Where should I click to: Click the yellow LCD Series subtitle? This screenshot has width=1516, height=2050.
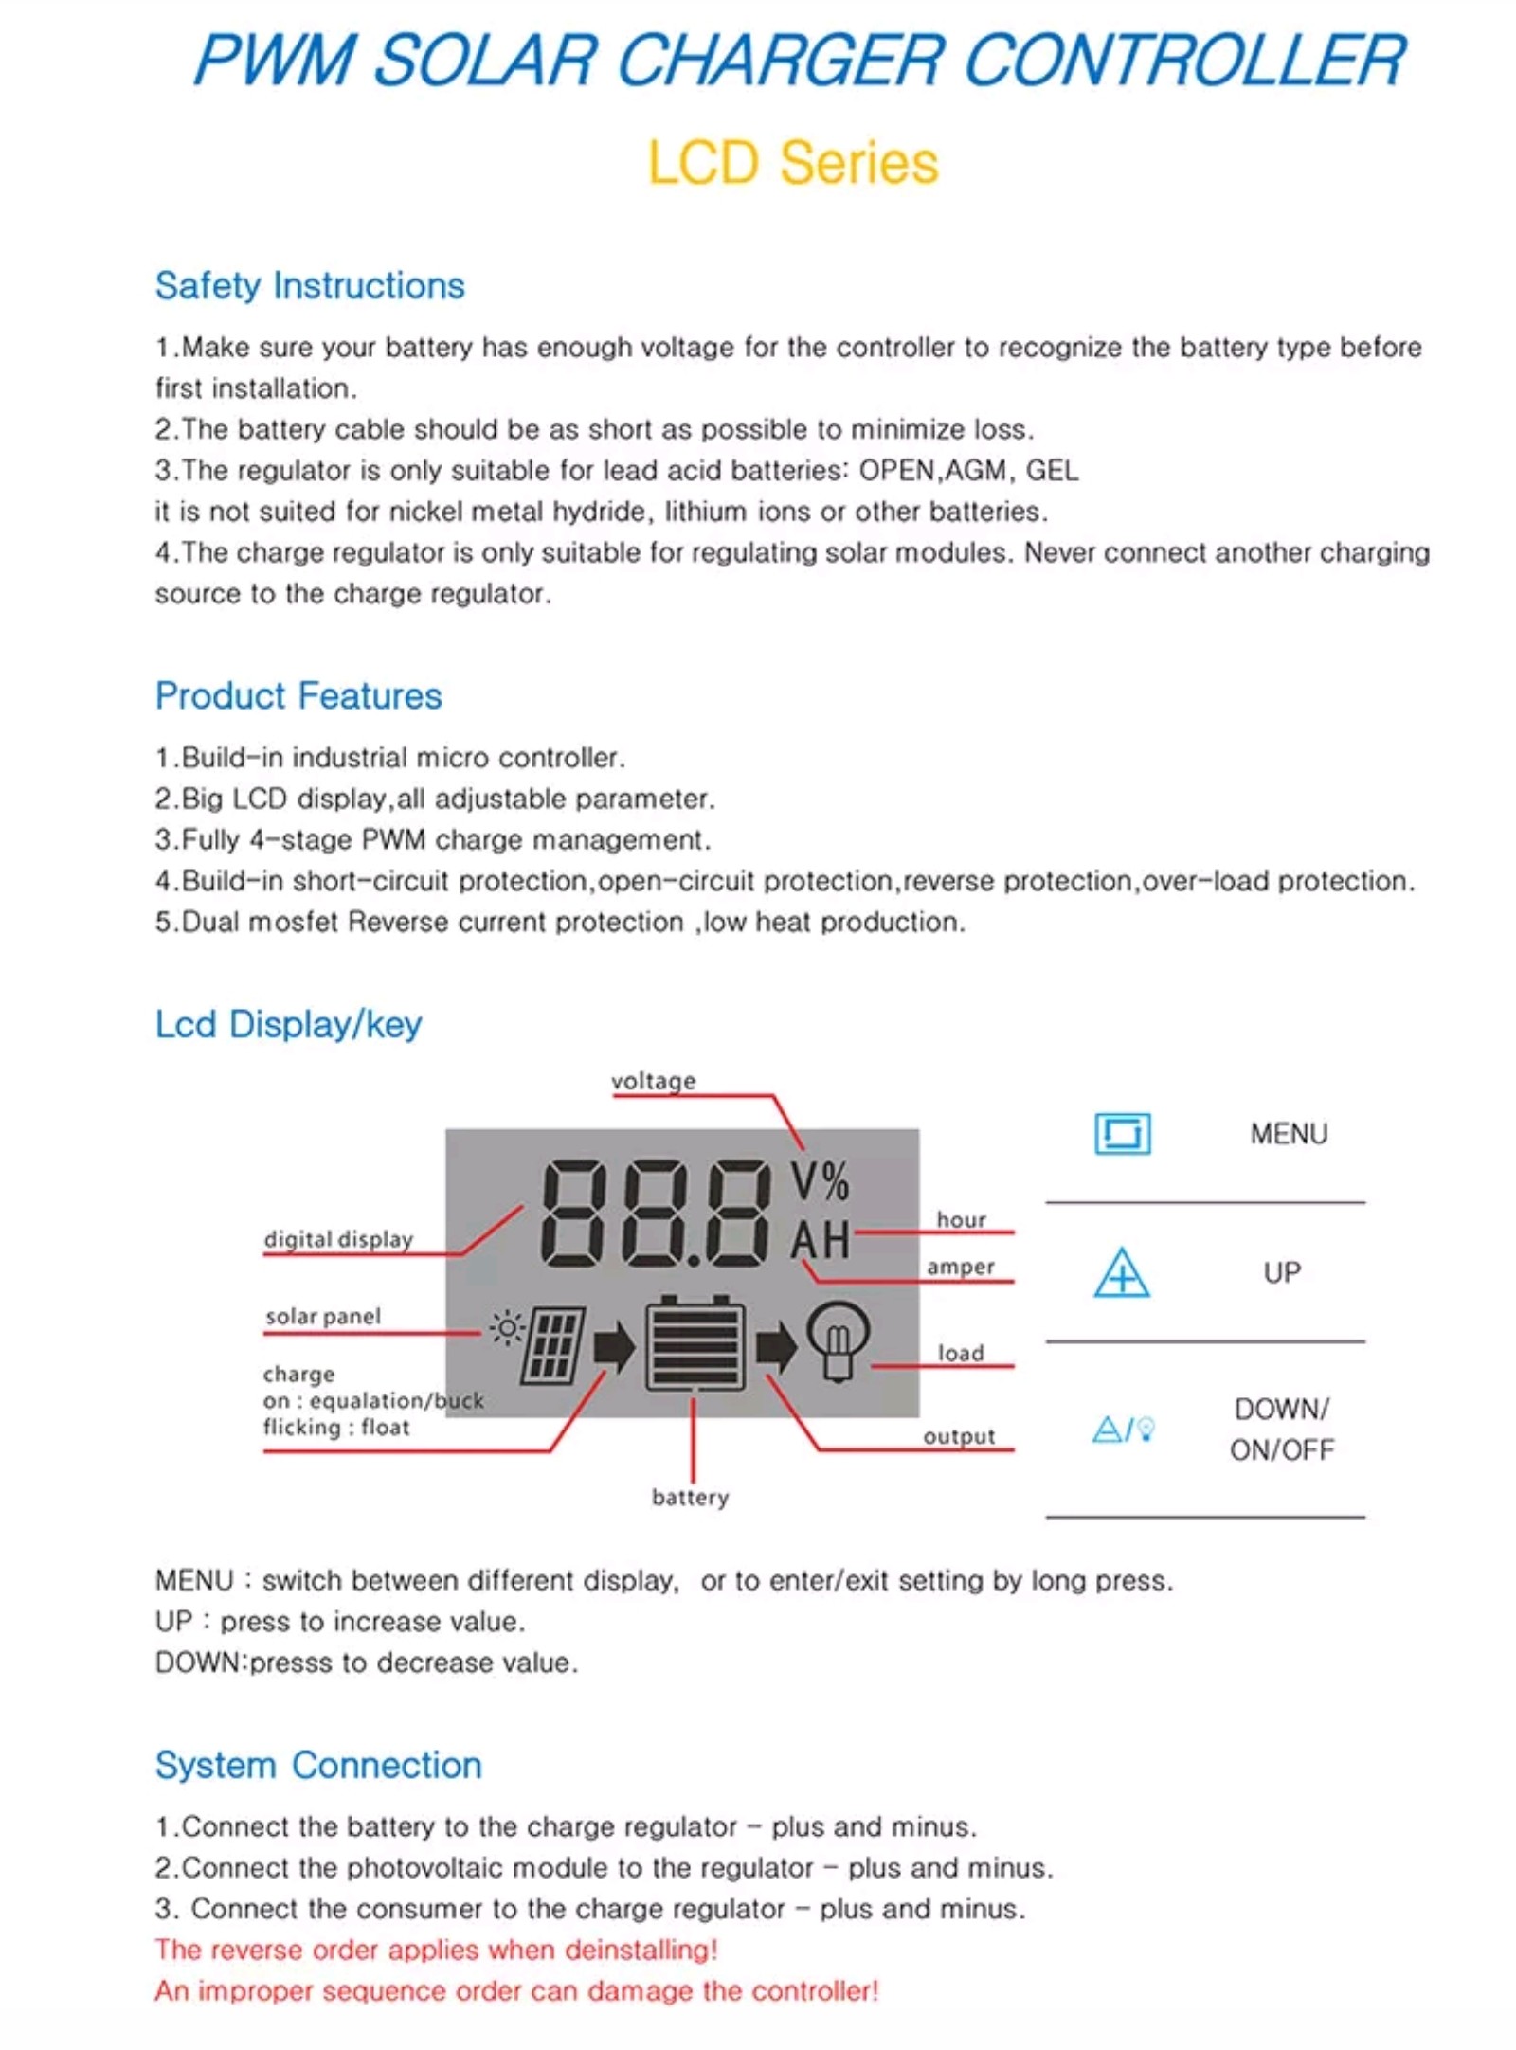click(x=792, y=162)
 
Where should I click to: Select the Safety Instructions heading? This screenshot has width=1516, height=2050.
click(x=310, y=286)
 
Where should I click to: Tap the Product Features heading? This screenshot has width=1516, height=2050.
click(x=298, y=696)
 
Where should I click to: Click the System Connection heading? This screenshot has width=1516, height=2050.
click(x=318, y=1766)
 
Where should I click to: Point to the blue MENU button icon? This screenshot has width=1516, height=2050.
click(x=1122, y=1134)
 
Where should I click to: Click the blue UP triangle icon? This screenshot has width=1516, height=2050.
click(x=1122, y=1272)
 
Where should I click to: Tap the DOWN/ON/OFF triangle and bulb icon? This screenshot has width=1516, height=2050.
click(x=1124, y=1429)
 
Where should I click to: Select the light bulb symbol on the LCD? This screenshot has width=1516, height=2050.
click(x=838, y=1340)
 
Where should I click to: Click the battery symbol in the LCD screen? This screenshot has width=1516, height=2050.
click(x=695, y=1344)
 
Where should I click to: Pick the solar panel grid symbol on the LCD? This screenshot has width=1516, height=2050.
click(x=555, y=1344)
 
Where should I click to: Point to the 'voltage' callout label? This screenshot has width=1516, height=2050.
click(x=653, y=1081)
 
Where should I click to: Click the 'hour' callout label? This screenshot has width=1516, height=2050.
click(x=961, y=1220)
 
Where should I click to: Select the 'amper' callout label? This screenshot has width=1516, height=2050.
click(x=960, y=1267)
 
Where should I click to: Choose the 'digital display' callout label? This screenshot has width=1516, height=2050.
click(x=338, y=1239)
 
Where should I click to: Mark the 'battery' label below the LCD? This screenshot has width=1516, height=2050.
click(x=690, y=1498)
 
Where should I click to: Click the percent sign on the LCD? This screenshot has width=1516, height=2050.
click(x=836, y=1182)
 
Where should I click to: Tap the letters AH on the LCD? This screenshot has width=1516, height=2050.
click(x=821, y=1241)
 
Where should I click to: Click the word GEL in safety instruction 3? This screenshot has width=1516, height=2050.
click(x=1052, y=471)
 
